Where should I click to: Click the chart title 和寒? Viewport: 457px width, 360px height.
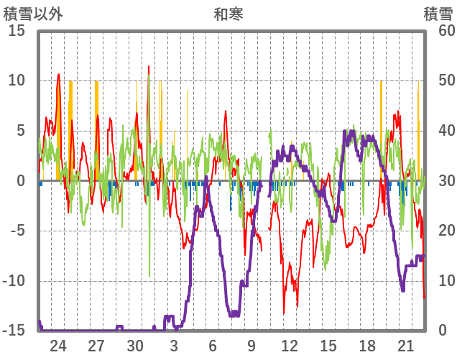tap(228, 14)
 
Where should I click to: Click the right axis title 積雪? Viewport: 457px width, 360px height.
tap(438, 14)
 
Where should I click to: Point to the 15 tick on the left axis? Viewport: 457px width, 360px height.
tap(17, 31)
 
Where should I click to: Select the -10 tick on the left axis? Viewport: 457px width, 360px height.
tap(14, 281)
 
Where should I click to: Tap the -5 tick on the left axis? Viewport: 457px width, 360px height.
tap(17, 231)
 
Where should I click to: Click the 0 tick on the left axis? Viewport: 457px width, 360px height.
tap(21, 181)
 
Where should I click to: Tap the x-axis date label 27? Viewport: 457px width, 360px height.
tap(96, 345)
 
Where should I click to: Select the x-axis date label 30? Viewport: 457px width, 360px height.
tap(135, 345)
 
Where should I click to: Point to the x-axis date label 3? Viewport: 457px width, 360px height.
tap(174, 345)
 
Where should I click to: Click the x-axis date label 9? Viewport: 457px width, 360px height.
tap(251, 345)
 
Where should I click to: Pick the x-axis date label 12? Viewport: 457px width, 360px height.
tap(290, 345)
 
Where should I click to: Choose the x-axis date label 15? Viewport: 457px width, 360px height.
tap(328, 345)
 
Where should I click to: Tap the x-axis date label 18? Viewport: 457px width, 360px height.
tap(367, 345)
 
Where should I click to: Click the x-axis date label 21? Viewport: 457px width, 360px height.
tap(406, 345)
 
